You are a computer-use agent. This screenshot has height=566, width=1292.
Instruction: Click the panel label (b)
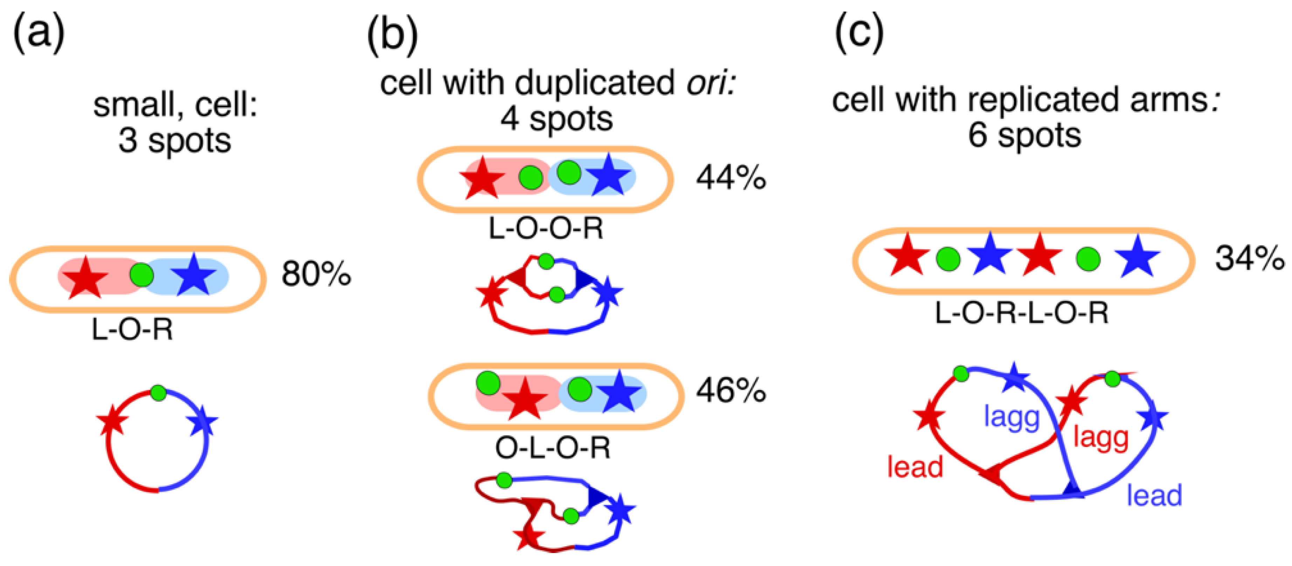[x=392, y=36]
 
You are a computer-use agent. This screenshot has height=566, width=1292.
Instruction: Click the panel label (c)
[x=859, y=34]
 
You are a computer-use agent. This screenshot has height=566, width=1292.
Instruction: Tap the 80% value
[x=316, y=274]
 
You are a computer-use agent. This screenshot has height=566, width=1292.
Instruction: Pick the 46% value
[x=731, y=390]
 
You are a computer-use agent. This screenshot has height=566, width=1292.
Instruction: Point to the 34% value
[x=1249, y=259]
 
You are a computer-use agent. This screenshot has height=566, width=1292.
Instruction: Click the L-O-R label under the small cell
[x=132, y=330]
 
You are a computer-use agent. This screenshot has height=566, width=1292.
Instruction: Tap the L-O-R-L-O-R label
[x=1022, y=313]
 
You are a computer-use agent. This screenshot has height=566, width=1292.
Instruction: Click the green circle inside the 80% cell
[x=142, y=275]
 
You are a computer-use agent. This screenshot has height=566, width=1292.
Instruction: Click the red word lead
[x=915, y=467]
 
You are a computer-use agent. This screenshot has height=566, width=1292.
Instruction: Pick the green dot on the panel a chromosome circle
[x=158, y=393]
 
